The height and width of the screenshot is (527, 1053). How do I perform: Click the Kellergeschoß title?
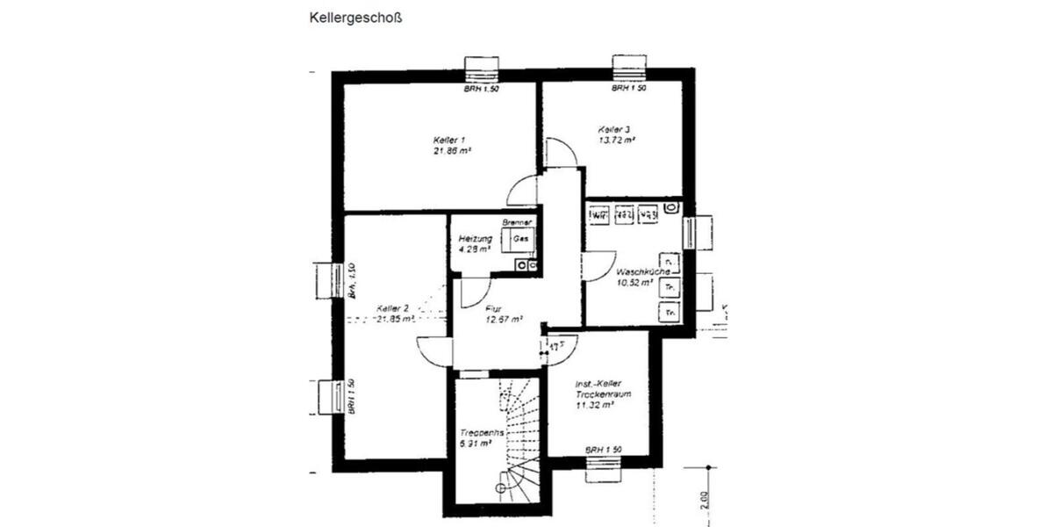tap(355, 17)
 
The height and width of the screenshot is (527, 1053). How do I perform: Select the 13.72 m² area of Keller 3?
tap(617, 140)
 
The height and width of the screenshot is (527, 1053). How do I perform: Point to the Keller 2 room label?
tap(393, 308)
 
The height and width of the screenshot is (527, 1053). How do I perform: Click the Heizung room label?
tap(475, 239)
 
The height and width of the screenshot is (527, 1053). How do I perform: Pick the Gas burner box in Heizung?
tap(519, 239)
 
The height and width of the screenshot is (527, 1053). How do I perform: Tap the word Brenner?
tap(518, 223)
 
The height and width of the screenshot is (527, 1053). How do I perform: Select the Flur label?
tap(493, 308)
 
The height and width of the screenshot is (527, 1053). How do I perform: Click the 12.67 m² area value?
tap(504, 320)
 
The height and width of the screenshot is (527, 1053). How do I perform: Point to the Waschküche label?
tap(644, 272)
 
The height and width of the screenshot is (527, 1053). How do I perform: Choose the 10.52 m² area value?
tap(634, 283)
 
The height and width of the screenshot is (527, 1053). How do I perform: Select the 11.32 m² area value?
tap(594, 406)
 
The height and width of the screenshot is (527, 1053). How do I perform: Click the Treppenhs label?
tap(482, 433)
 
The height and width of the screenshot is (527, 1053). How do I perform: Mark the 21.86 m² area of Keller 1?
tap(453, 151)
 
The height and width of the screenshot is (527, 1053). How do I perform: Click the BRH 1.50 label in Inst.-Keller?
tap(604, 450)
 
